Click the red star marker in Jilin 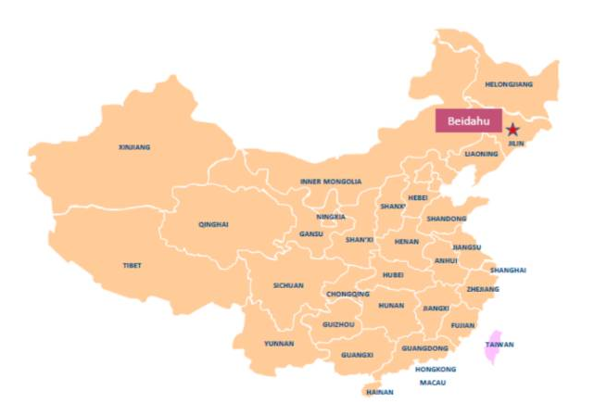pyautogui.click(x=512, y=130)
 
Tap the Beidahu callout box pyautogui.click(x=468, y=121)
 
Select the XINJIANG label pyautogui.click(x=134, y=147)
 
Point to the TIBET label pyautogui.click(x=133, y=266)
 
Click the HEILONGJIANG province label pyautogui.click(x=509, y=85)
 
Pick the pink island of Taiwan pyautogui.click(x=495, y=346)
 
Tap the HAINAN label pyautogui.click(x=380, y=392)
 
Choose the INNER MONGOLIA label pyautogui.click(x=331, y=182)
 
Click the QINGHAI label pyautogui.click(x=213, y=224)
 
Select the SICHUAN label pyautogui.click(x=288, y=285)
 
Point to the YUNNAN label pyautogui.click(x=279, y=343)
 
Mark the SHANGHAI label pyautogui.click(x=509, y=270)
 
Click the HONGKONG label pyautogui.click(x=436, y=369)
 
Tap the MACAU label pyautogui.click(x=433, y=382)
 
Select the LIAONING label pyautogui.click(x=481, y=154)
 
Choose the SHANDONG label pyautogui.click(x=447, y=219)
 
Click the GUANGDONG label pyautogui.click(x=425, y=348)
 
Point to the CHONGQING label pyautogui.click(x=348, y=295)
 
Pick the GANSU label pyautogui.click(x=311, y=234)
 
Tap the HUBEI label pyautogui.click(x=393, y=274)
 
